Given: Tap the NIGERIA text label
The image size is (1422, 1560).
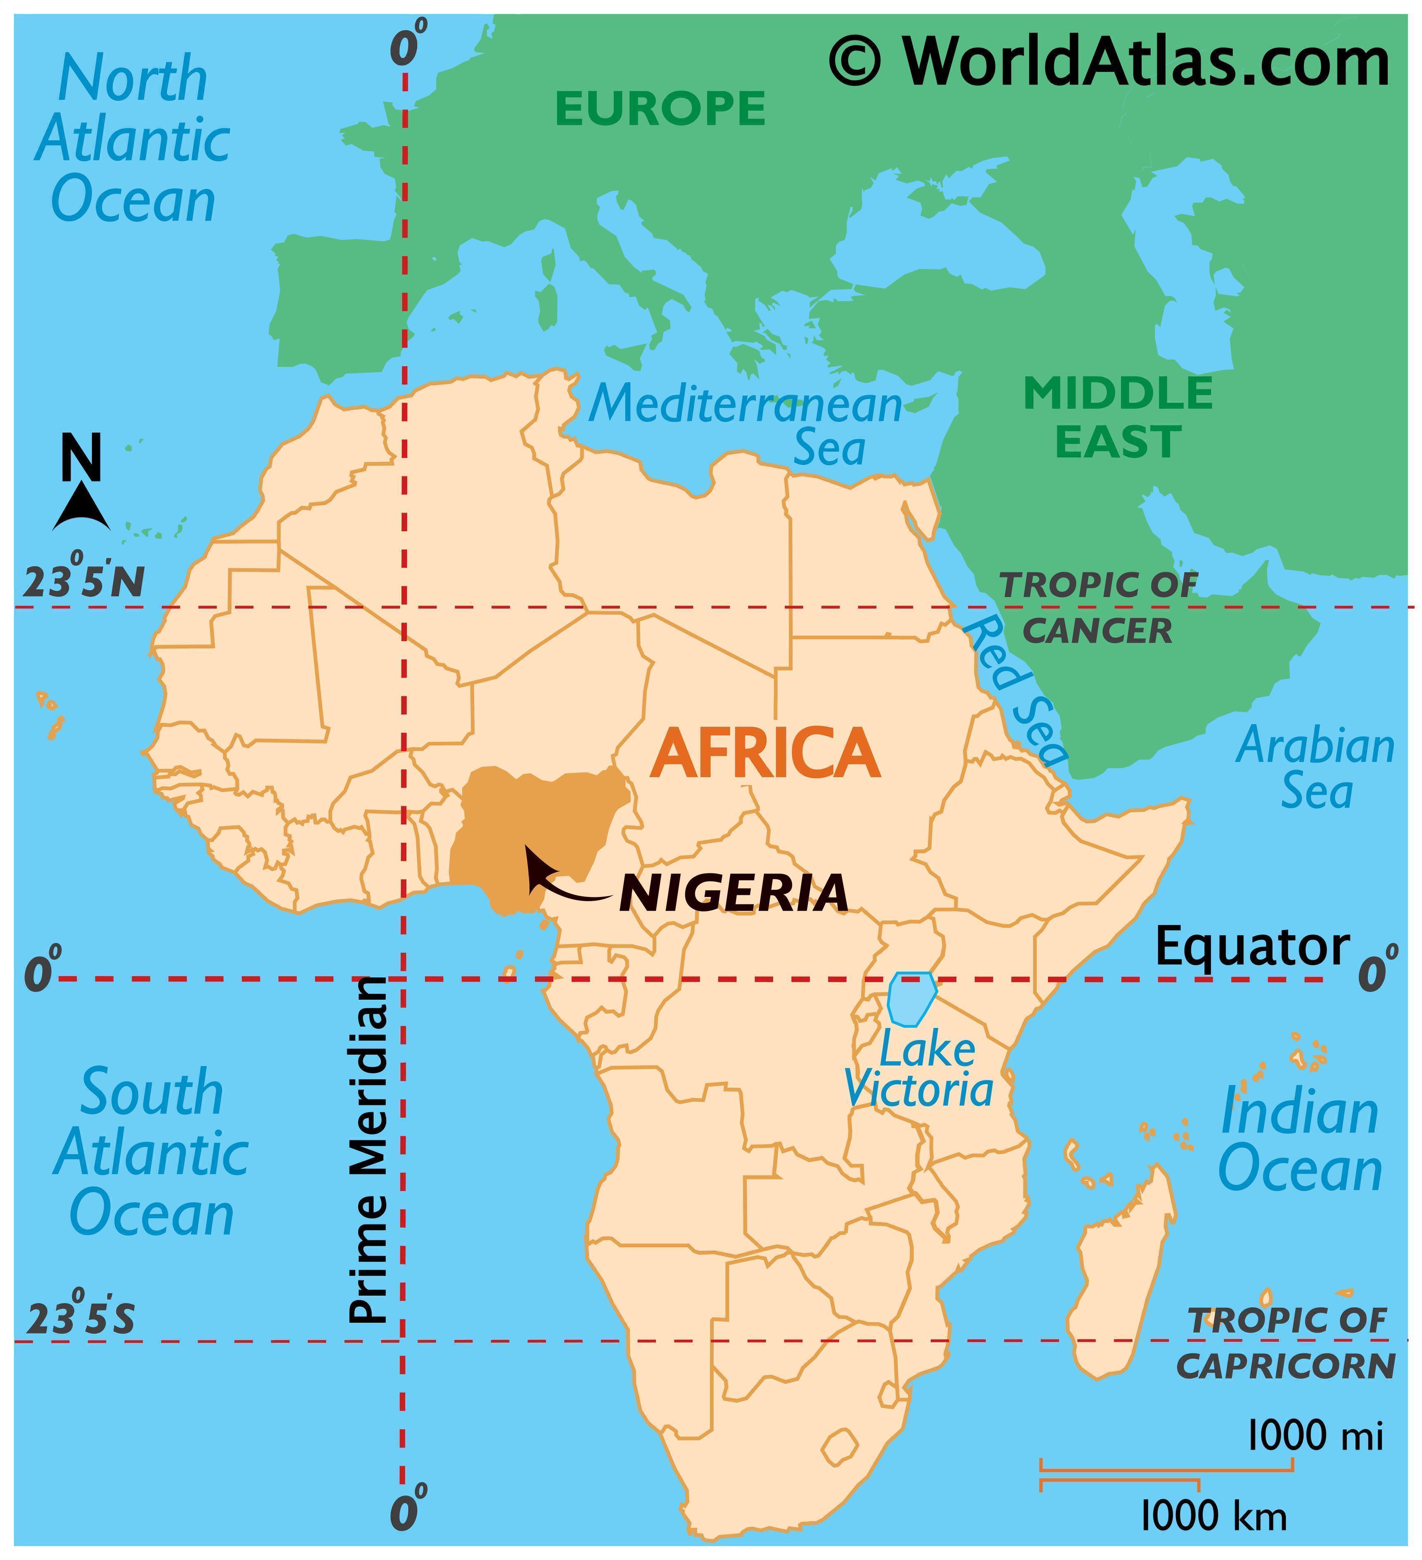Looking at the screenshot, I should click(734, 894).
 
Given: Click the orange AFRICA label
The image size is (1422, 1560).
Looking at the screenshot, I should click(764, 753).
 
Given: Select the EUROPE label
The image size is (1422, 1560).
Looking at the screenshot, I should click(660, 108).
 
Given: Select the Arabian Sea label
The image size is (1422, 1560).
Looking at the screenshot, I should click(1315, 768).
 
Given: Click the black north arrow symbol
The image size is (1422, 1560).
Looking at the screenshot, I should click(81, 507).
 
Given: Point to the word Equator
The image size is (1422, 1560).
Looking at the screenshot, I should click(1251, 946).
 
